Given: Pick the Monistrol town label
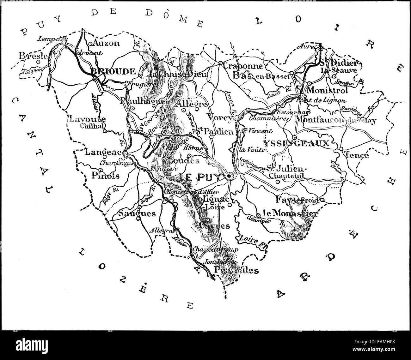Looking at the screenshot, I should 327,90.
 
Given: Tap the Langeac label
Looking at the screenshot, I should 104,152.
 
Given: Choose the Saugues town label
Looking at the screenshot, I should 137,213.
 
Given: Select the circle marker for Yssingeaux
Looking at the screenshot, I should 294,137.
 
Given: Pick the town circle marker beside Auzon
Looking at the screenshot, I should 90,44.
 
